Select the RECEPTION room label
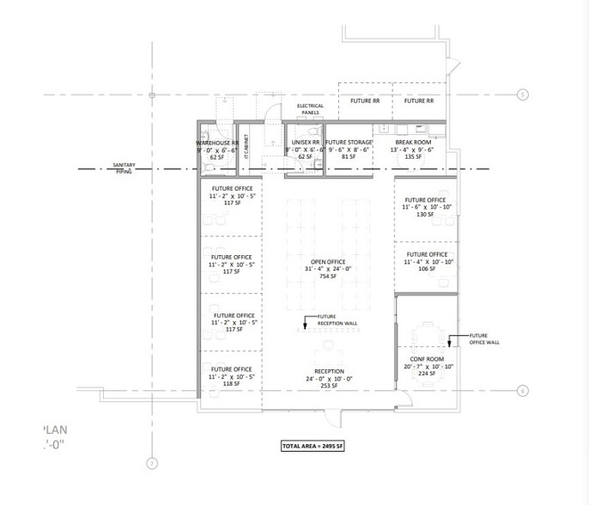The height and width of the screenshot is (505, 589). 329,371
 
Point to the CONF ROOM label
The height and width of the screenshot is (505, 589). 427,359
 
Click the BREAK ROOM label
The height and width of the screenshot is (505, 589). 413,141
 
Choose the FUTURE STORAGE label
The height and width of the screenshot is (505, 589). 348,141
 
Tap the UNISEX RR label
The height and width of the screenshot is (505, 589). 305,141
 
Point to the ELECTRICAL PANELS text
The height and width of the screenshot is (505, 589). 310,109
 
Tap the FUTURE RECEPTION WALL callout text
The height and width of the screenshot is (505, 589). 336,320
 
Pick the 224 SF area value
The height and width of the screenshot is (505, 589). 427,374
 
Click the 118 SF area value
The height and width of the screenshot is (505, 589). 231,384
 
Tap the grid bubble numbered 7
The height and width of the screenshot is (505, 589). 151,465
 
